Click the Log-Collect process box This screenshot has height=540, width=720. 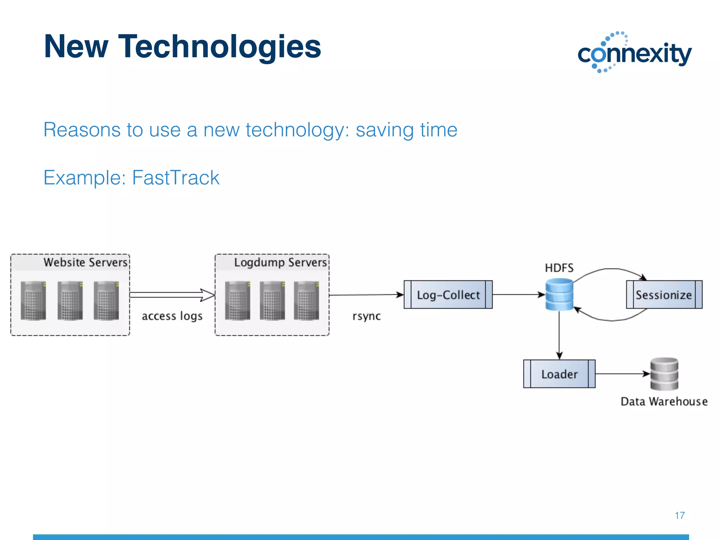[448, 295]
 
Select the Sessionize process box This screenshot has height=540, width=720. [664, 295]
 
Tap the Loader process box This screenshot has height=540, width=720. [559, 374]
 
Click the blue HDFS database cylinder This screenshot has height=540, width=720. [559, 294]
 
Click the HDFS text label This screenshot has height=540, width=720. [559, 268]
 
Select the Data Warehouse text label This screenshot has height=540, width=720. [664, 401]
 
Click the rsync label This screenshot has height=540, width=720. [366, 316]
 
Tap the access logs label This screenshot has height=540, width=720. [172, 316]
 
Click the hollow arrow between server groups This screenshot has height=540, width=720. [172, 295]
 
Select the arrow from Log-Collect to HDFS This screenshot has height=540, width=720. [518, 295]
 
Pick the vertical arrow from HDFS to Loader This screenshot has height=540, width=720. [559, 334]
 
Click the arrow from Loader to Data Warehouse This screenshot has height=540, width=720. [622, 374]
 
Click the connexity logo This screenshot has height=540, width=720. [635, 53]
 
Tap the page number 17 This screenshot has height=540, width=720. [680, 515]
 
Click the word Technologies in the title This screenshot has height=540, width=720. [219, 46]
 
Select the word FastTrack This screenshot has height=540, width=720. [175, 178]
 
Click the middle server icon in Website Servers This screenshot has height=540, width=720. [70, 300]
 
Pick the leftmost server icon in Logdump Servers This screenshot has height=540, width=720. [238, 300]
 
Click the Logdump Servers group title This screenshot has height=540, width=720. [280, 262]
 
